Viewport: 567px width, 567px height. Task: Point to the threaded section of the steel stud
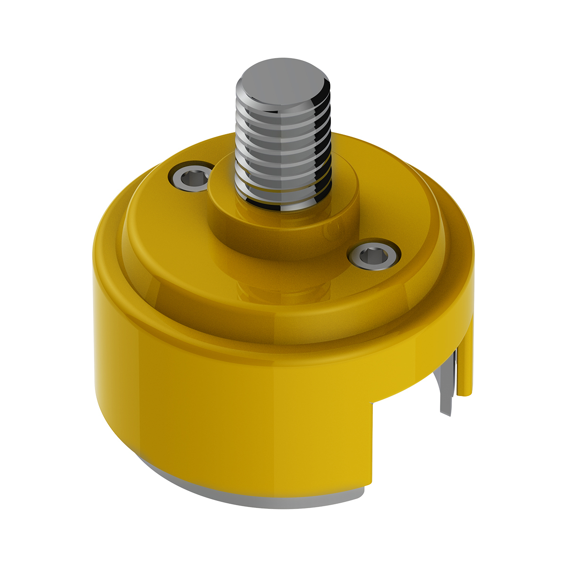point(283,151)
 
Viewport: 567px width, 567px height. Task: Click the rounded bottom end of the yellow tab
point(465,392)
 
